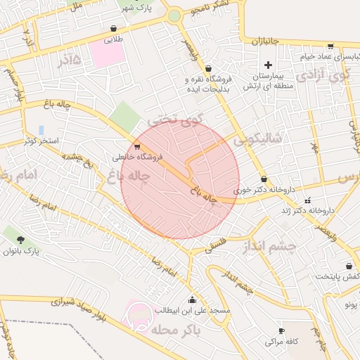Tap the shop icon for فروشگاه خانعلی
tap(136, 147)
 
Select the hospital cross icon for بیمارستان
tap(268, 65)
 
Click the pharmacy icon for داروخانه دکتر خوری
tap(264, 179)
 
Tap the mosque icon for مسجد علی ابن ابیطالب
tap(193, 300)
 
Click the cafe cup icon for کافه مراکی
tap(282, 330)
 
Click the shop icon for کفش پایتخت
tap(349, 266)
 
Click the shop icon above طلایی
tap(113, 29)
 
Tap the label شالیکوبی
tap(257, 139)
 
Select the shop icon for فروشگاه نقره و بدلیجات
tap(209, 68)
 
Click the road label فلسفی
tap(217, 245)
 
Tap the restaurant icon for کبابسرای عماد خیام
tap(330, 46)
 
